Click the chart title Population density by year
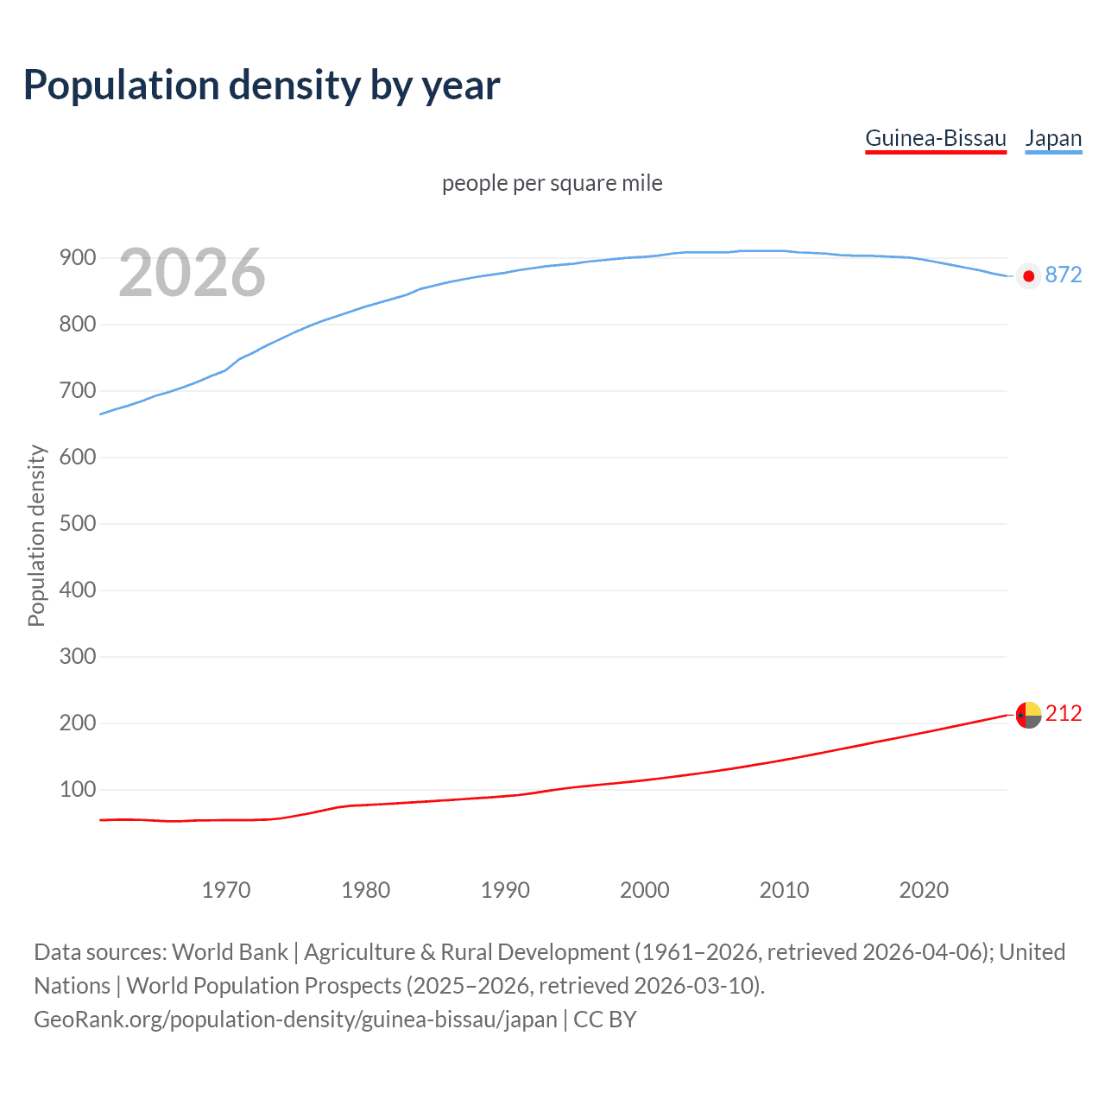pos(262,85)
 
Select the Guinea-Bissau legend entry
pos(936,139)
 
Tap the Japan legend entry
pos(1053,139)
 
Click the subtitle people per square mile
pos(552,184)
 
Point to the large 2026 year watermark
pos(192,274)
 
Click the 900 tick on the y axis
pos(77,258)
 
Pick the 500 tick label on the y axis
pos(77,524)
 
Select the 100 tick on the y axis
pos(77,790)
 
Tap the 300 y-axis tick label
pos(77,657)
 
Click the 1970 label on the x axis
pos(226,890)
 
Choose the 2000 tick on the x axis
pos(645,890)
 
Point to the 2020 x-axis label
pos(924,890)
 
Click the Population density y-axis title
pos(36,535)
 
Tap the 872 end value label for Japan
pos(1064,275)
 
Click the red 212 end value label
pos(1064,714)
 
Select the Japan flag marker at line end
pos(1028,276)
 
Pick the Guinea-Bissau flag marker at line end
pos(1028,715)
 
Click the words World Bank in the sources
pos(230,952)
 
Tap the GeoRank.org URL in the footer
pos(295,1020)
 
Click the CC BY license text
pos(605,1020)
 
